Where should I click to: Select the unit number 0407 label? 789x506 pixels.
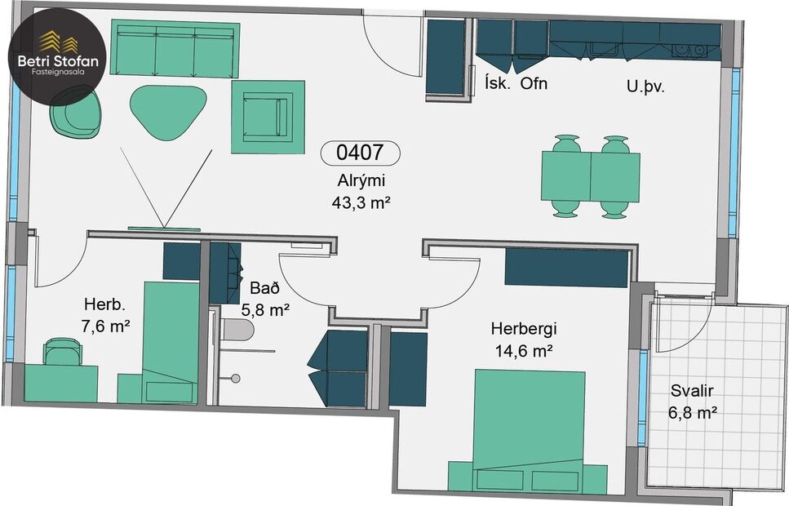360,153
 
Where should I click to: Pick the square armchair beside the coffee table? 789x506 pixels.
268,116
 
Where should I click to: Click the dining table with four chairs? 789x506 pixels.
591,176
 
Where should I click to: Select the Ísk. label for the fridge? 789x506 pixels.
497,84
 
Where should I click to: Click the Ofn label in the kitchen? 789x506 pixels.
534,84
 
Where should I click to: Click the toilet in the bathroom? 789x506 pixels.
237,330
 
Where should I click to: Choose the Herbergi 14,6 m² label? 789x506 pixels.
523,340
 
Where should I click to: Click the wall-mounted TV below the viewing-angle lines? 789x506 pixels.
163,229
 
